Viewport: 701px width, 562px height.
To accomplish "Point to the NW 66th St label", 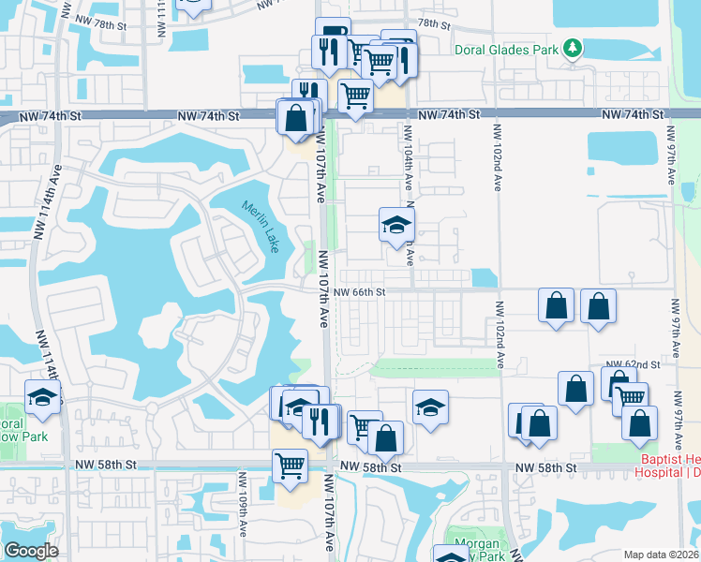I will click(x=359, y=292).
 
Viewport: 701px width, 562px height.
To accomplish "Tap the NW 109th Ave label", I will click(x=243, y=516).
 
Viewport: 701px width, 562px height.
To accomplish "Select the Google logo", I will click(x=31, y=551).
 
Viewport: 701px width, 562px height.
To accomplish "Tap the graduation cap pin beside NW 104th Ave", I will click(x=396, y=225).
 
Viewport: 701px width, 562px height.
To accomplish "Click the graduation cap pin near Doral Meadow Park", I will click(x=42, y=397).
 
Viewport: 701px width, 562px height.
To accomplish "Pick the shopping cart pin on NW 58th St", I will click(x=290, y=466).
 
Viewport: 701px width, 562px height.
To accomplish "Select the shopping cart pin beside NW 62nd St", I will click(x=631, y=398).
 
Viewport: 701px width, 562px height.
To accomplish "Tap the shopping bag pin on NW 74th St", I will click(x=295, y=119).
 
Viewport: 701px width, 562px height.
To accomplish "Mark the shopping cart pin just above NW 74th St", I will click(x=355, y=96).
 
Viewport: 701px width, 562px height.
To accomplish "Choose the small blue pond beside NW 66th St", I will click(x=484, y=278).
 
